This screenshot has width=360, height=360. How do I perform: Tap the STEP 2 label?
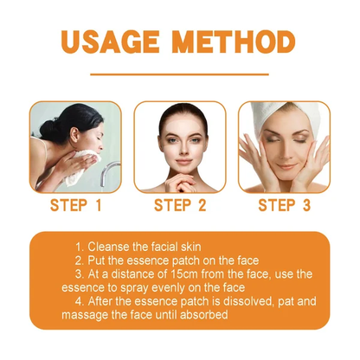pos(179,206)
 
